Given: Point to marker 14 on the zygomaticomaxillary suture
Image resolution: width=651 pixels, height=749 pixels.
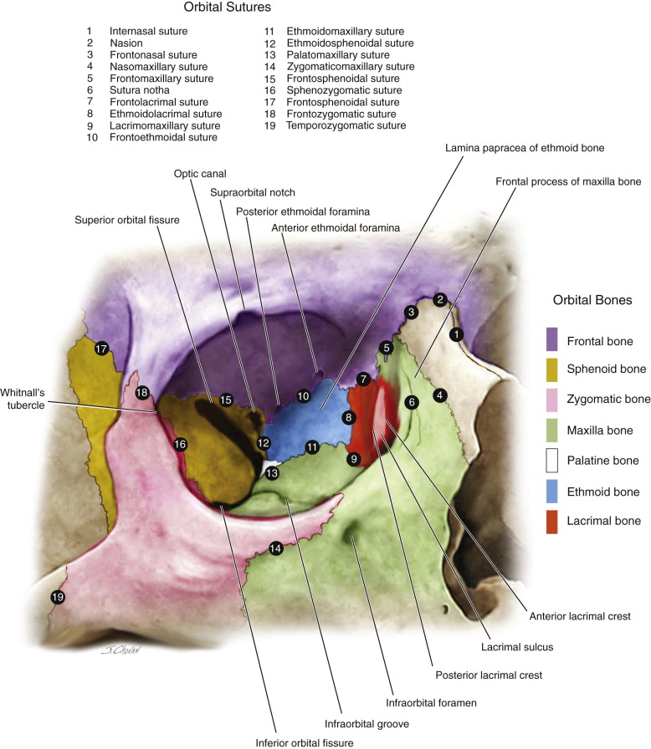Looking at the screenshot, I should (x=276, y=548).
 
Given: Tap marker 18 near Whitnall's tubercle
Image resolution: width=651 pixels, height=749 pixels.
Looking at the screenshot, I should (x=143, y=392).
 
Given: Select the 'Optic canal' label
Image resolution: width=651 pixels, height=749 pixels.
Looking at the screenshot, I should (x=197, y=175).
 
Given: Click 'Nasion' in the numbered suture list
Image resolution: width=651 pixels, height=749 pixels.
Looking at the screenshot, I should (x=125, y=43).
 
